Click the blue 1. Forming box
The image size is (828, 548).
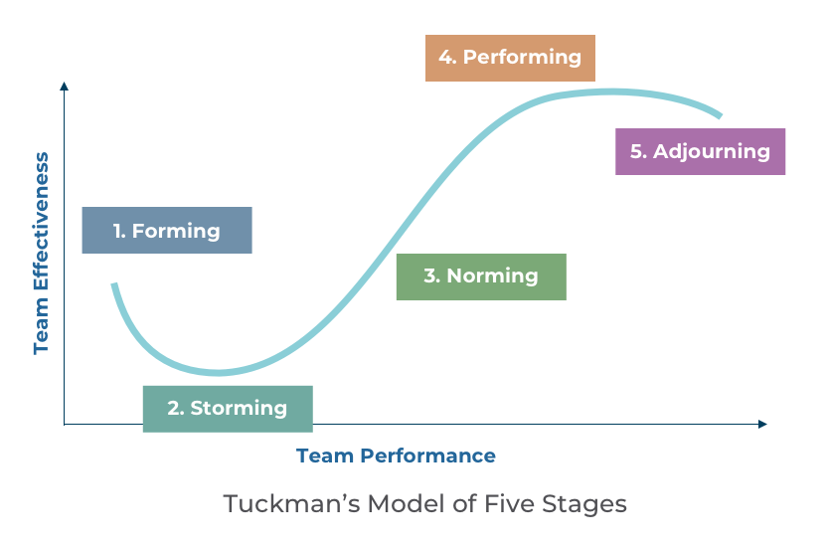(167, 231)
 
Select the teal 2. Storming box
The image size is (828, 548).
(228, 409)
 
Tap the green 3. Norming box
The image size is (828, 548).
(481, 276)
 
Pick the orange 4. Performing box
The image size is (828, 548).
(510, 58)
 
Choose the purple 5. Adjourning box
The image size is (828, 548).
(700, 151)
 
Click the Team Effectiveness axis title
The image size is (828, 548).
(41, 254)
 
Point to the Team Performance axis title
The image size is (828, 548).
(396, 456)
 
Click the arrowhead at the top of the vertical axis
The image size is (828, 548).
(64, 86)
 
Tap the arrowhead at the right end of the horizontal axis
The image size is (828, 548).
(762, 424)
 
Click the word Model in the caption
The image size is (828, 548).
(407, 503)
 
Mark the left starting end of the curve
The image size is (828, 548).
(113, 284)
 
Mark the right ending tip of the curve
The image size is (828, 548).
(721, 115)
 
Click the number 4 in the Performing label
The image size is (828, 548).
(446, 57)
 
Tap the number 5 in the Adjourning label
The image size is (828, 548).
(637, 151)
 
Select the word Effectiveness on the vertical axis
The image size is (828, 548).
(41, 221)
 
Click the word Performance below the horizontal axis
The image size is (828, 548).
(428, 456)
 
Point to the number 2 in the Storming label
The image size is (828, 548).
(174, 408)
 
